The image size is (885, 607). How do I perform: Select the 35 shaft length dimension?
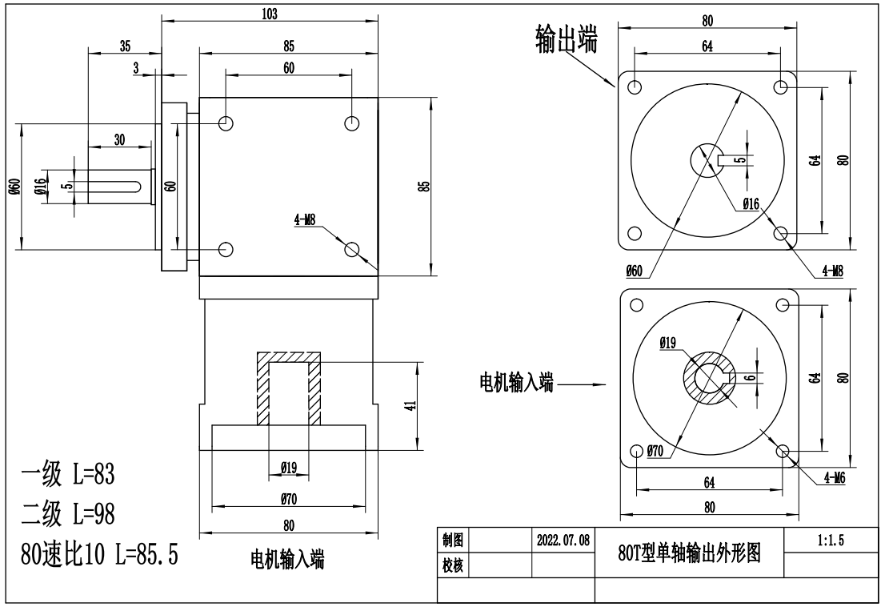(125, 46)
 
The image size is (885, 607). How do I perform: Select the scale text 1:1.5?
(832, 541)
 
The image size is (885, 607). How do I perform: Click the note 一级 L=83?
(68, 476)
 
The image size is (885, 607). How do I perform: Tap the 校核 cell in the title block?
(452, 565)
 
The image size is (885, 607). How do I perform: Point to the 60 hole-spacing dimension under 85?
(288, 68)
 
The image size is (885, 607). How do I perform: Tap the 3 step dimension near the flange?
(137, 69)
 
